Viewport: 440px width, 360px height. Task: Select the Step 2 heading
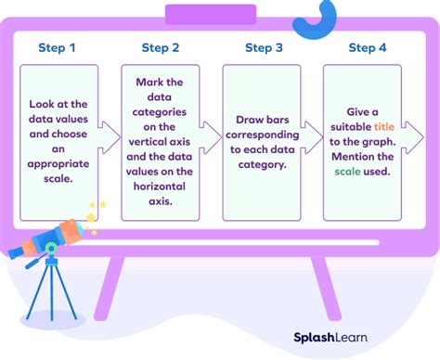click(x=161, y=48)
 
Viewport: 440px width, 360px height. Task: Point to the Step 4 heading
click(x=368, y=48)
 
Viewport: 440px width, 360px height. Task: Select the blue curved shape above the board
click(x=321, y=16)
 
